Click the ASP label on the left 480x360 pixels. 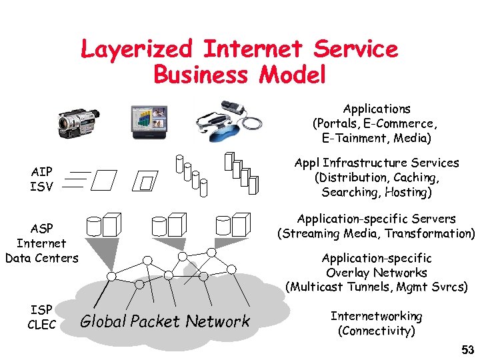coord(41,228)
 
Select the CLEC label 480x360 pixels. coord(41,325)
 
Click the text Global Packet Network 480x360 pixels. coord(165,321)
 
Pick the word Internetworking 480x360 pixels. coord(376,316)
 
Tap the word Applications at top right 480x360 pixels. coord(377,108)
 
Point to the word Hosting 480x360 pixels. coord(405,192)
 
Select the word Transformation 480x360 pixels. coord(433,233)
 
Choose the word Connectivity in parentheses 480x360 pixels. coord(376,331)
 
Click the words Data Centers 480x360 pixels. coord(41,257)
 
